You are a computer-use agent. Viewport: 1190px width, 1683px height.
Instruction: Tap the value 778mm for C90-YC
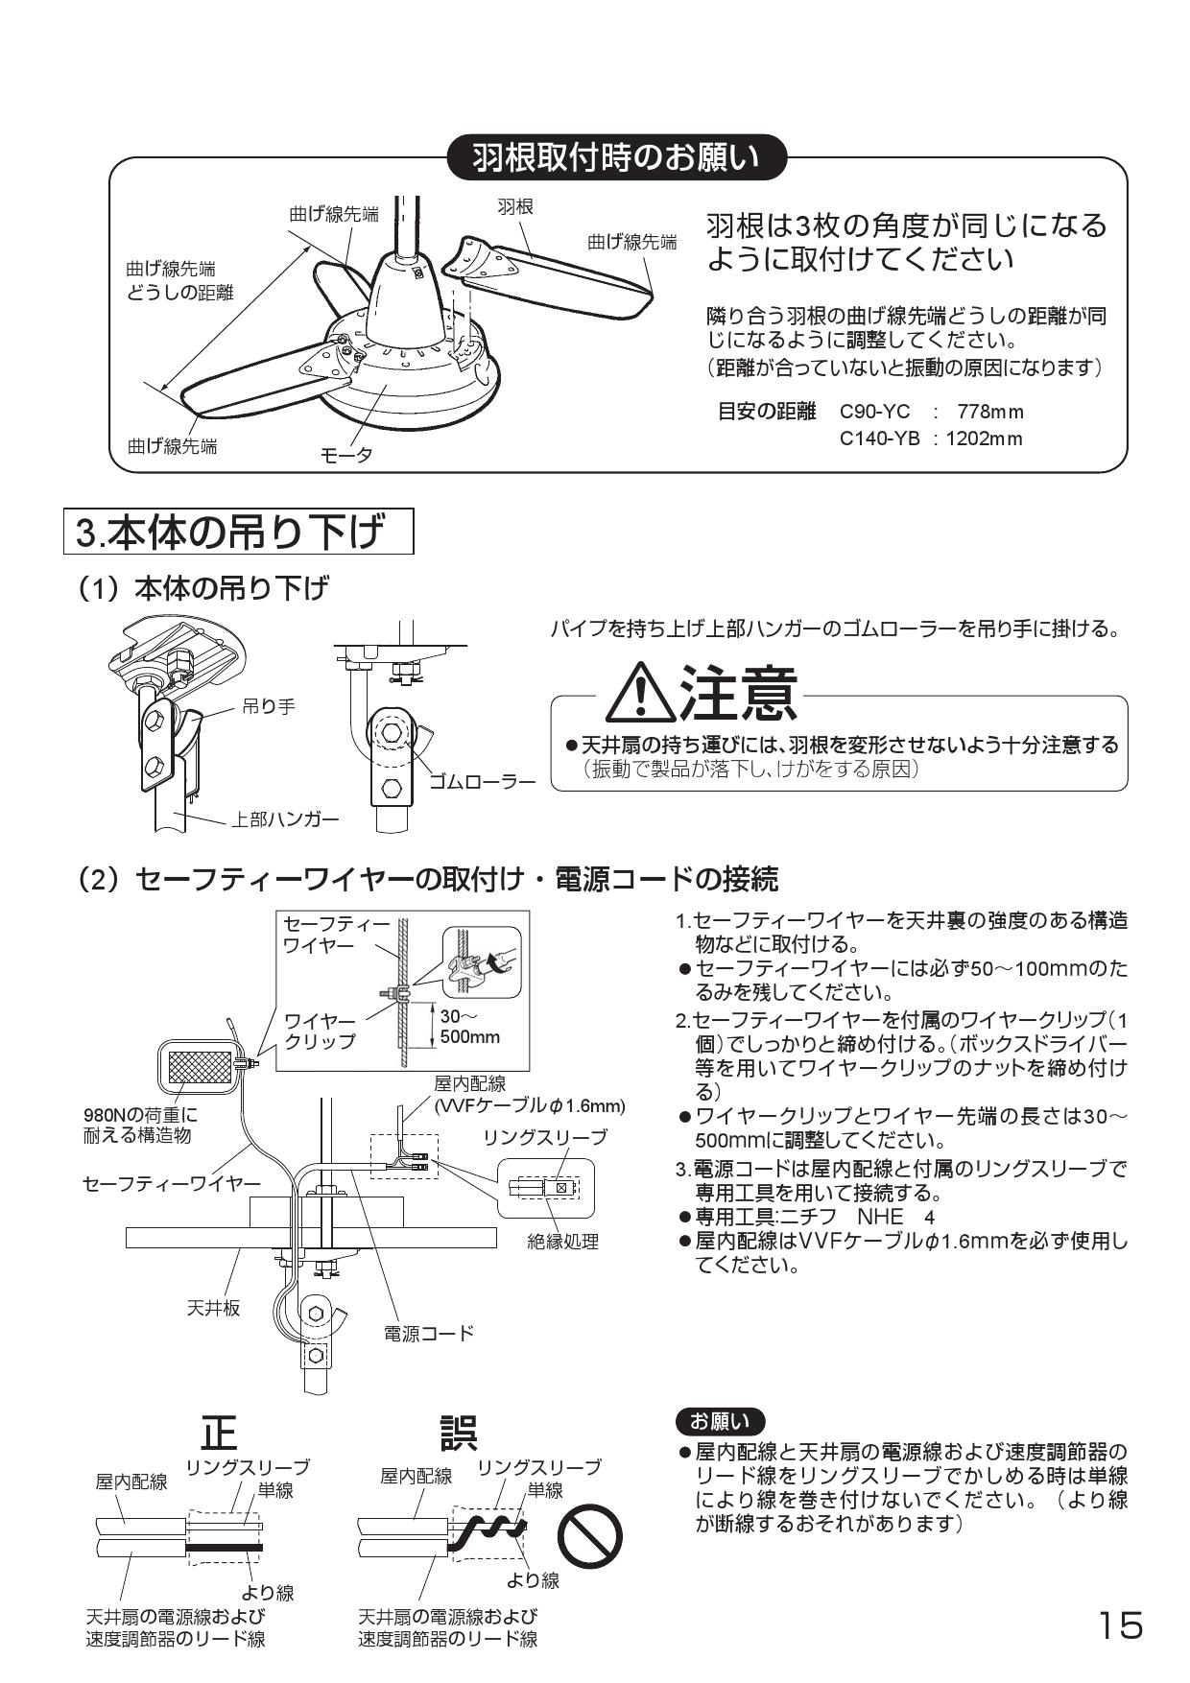(989, 413)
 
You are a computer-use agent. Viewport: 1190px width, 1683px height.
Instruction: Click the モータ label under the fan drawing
(346, 455)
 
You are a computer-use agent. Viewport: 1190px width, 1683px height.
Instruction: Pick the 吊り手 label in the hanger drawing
(268, 707)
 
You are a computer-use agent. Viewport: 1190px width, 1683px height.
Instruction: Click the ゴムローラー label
(482, 781)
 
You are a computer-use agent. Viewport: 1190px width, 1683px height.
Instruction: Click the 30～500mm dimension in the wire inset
(468, 1027)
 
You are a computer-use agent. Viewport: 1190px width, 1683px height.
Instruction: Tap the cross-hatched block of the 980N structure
(201, 1063)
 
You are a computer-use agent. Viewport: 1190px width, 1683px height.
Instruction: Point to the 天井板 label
(212, 1307)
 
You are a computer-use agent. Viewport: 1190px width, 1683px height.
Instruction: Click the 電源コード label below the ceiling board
(428, 1333)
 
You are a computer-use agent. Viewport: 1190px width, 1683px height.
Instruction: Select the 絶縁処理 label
(562, 1242)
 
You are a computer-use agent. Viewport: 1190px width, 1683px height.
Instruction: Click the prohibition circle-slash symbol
(590, 1540)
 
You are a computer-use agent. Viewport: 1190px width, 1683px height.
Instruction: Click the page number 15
(1120, 1625)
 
